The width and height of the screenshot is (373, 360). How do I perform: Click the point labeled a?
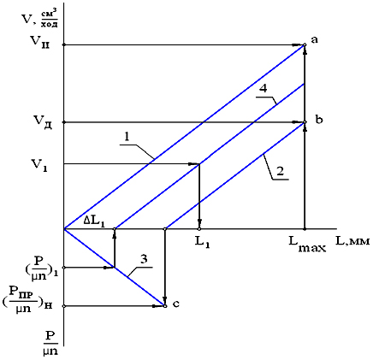(x=305, y=44)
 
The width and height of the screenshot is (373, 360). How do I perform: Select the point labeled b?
(x=305, y=122)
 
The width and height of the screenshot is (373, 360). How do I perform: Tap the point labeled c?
(x=165, y=306)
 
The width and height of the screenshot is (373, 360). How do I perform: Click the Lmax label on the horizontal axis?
(x=307, y=245)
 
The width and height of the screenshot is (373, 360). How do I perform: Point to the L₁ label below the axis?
(x=202, y=243)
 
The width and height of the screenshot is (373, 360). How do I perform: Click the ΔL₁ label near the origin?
(x=94, y=221)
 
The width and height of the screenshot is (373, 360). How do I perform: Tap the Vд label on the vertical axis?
(x=41, y=122)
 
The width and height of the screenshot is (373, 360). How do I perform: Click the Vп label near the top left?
(x=40, y=42)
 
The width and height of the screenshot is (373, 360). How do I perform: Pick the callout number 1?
(x=127, y=138)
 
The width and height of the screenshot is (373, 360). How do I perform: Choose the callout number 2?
(x=280, y=172)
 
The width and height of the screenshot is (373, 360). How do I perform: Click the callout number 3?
(x=144, y=260)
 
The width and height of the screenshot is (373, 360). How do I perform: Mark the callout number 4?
(x=263, y=89)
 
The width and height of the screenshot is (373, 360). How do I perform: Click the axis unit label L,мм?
(x=352, y=241)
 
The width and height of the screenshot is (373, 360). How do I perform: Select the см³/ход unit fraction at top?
(x=49, y=19)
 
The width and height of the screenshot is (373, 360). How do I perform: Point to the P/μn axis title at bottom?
(x=50, y=343)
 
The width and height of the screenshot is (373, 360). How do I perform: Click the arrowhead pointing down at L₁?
(x=199, y=223)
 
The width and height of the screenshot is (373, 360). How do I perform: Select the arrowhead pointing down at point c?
(x=165, y=300)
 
